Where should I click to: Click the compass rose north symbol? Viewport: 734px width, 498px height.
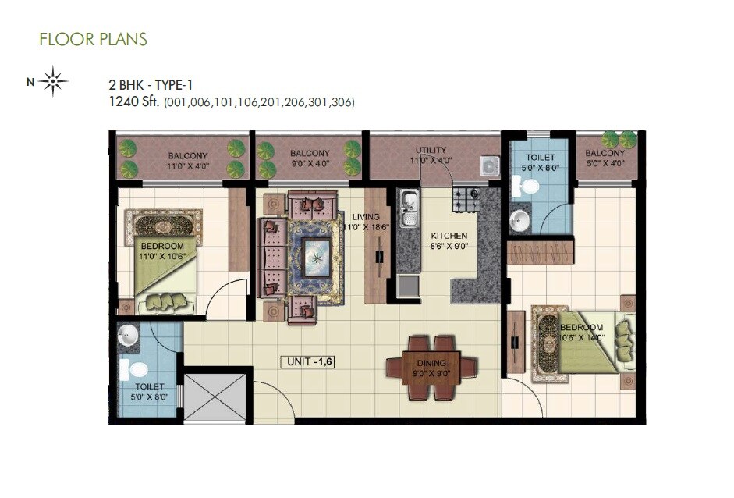pyautogui.click(x=53, y=81)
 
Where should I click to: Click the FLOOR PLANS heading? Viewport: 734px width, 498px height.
pyautogui.click(x=93, y=38)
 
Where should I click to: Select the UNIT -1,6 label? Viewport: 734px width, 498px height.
pyautogui.click(x=310, y=361)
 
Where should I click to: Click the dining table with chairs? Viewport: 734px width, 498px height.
pyautogui.click(x=431, y=367)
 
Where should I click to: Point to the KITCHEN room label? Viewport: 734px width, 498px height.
pyautogui.click(x=450, y=235)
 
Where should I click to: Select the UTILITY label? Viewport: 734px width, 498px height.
pyautogui.click(x=431, y=150)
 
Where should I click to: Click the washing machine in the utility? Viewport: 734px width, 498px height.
pyautogui.click(x=489, y=165)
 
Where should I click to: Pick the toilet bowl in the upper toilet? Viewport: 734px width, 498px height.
pyautogui.click(x=530, y=187)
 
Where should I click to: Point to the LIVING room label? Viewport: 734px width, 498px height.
pyautogui.click(x=365, y=217)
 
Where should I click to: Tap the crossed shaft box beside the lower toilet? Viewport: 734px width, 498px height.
pyautogui.click(x=215, y=397)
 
